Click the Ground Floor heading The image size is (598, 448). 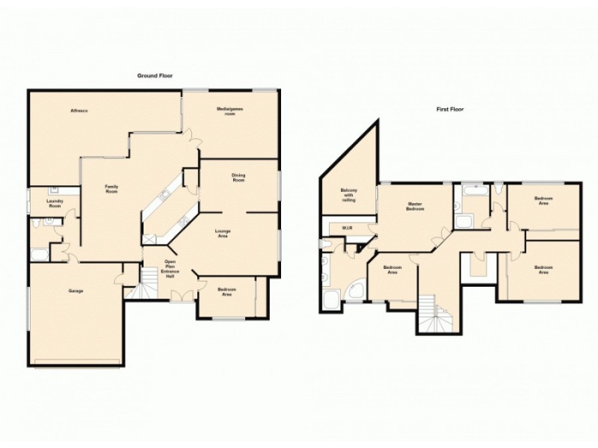click(155, 75)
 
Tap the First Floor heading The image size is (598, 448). click(451, 109)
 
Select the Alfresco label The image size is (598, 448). click(79, 111)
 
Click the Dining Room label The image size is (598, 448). click(238, 178)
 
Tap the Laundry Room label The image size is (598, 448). click(55, 203)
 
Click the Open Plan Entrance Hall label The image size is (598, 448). click(170, 270)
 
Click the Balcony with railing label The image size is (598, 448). click(348, 195)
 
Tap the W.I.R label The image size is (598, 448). click(347, 227)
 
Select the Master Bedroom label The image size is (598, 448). click(416, 206)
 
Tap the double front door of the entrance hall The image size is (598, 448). click(180, 296)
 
